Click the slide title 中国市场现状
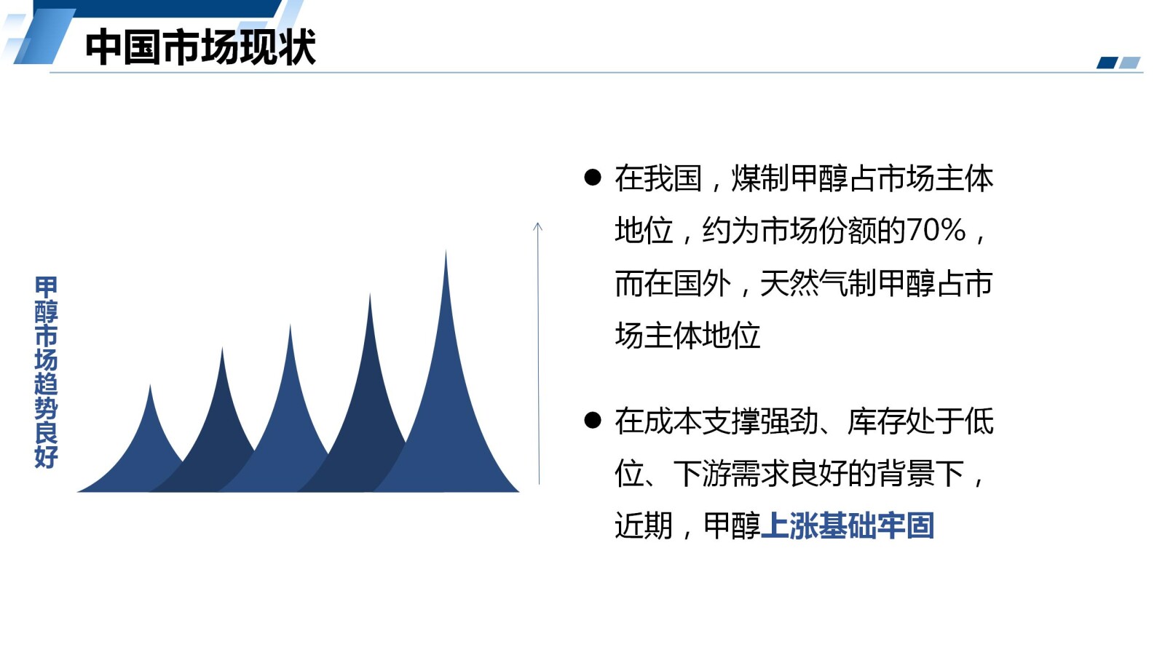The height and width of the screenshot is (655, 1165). click(200, 47)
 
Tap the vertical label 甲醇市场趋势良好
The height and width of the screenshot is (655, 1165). click(46, 371)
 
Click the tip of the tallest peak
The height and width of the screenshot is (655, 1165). click(446, 253)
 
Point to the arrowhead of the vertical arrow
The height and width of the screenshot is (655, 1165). click(538, 226)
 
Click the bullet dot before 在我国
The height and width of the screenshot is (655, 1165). click(593, 178)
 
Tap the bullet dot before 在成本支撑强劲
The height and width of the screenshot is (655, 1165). click(593, 420)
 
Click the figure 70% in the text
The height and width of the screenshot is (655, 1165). click(936, 231)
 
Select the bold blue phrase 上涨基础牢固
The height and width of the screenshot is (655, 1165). click(847, 525)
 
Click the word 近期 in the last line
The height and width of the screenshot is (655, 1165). click(643, 525)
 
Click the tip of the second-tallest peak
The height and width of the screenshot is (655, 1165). click(370, 297)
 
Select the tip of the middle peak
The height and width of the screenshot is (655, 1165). click(290, 327)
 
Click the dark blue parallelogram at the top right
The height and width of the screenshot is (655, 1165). click(1107, 63)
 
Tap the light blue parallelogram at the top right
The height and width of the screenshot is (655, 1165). click(1130, 63)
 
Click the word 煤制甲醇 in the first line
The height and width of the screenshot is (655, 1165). click(789, 178)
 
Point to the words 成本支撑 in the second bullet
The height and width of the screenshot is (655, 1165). click(701, 421)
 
